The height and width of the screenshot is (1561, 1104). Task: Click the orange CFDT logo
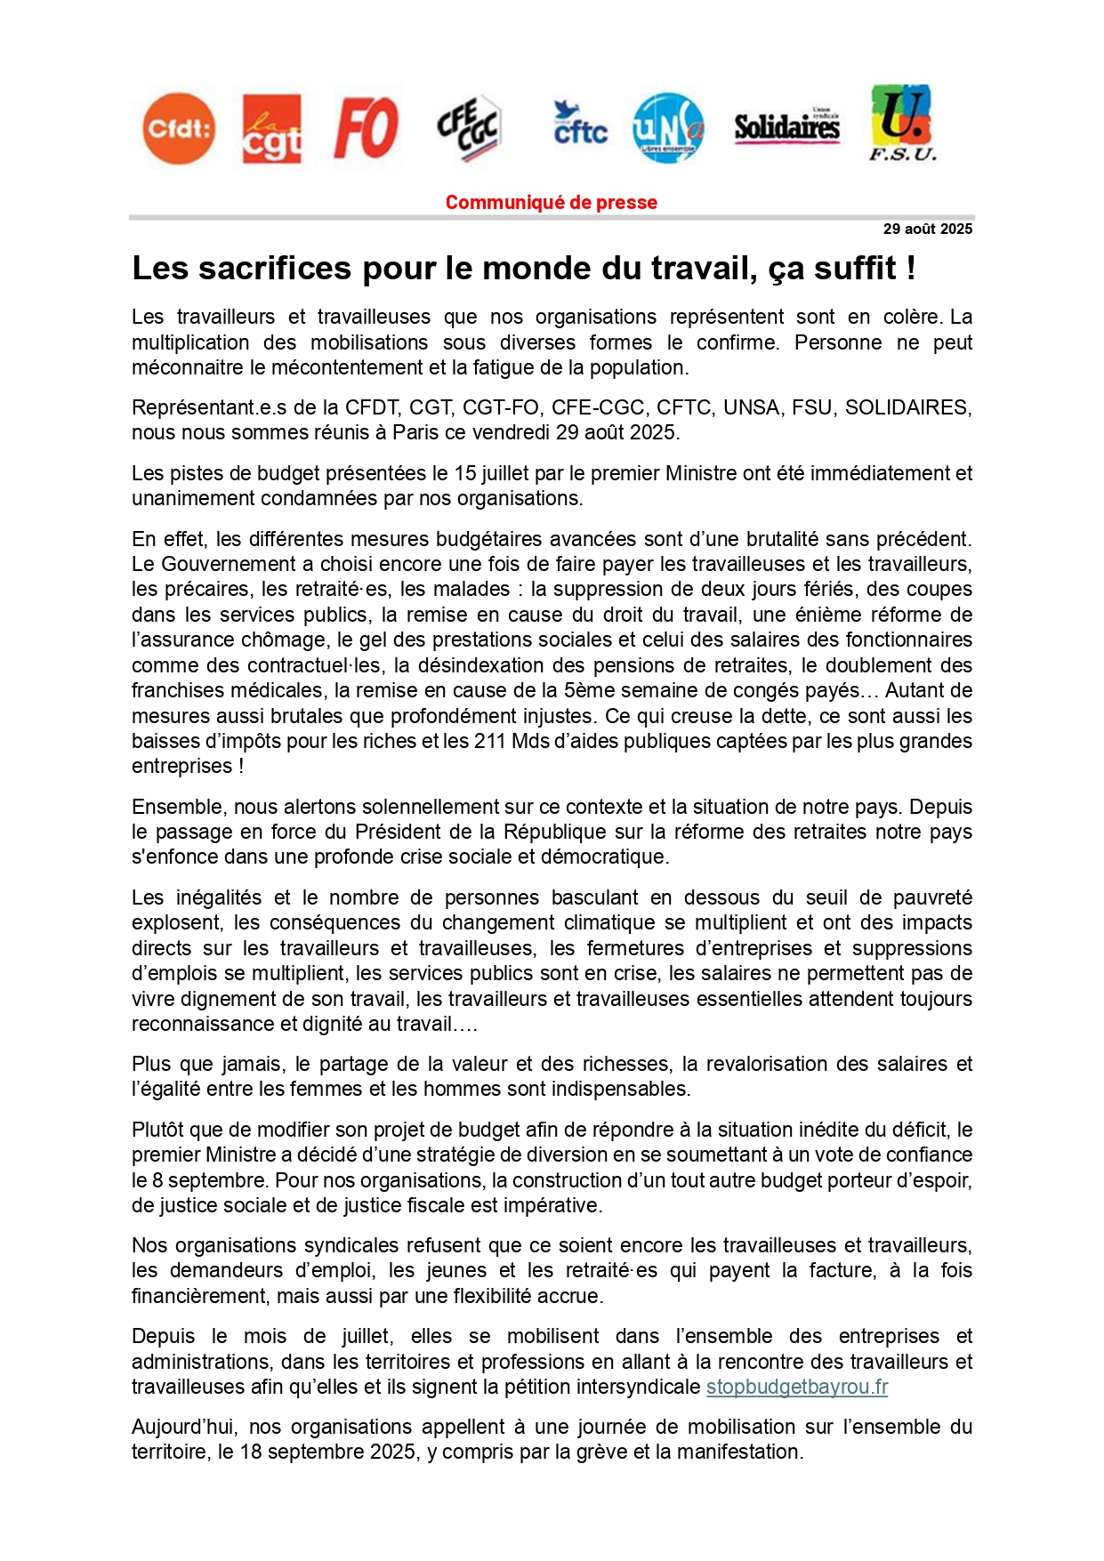click(179, 129)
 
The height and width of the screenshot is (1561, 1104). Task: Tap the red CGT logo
click(271, 130)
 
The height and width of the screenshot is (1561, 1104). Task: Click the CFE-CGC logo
click(469, 128)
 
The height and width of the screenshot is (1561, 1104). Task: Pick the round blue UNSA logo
click(668, 129)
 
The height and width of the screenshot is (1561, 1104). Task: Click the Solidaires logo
click(786, 127)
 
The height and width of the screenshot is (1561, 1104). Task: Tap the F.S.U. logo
click(902, 124)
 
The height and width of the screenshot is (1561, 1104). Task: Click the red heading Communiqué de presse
click(552, 203)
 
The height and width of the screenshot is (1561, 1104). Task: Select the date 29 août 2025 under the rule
click(927, 229)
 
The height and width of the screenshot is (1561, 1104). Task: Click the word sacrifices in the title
click(275, 269)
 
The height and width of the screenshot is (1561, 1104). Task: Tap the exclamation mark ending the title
click(911, 269)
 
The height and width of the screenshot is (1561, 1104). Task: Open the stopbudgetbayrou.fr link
click(797, 1388)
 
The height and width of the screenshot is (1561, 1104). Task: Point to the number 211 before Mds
click(490, 742)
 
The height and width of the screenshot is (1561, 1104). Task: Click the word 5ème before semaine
click(587, 691)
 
